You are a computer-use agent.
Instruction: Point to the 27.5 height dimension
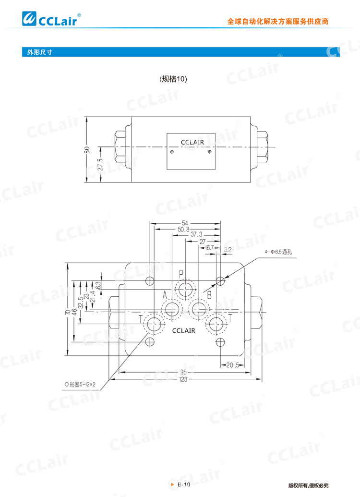coord(101,165)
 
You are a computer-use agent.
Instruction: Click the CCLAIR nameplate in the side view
coord(192,143)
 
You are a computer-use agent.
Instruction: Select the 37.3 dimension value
coord(197,235)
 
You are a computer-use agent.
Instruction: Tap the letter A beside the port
coord(164,295)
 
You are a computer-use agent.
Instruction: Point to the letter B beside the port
coord(209,295)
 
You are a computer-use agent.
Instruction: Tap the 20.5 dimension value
coord(233,365)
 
